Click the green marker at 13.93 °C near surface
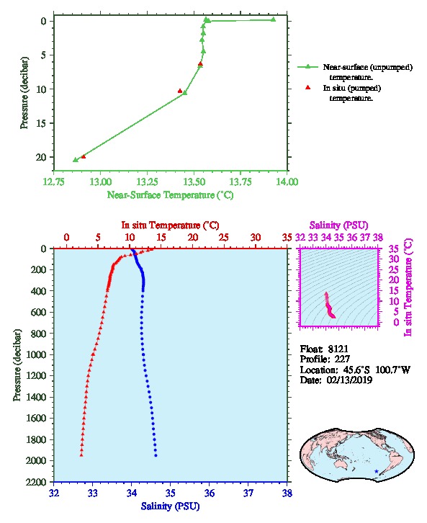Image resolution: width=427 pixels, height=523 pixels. click(274, 19)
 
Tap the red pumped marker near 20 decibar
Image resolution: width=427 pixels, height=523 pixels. click(84, 156)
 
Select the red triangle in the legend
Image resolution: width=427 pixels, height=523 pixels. click(308, 87)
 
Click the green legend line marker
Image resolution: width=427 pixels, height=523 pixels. click(307, 67)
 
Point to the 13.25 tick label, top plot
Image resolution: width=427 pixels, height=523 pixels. click(147, 182)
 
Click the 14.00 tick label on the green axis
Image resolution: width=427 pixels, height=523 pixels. click(287, 182)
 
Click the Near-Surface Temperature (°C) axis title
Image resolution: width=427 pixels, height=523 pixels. click(171, 195)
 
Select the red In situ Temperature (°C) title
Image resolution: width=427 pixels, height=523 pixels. click(171, 225)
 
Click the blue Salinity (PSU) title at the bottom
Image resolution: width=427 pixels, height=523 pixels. click(171, 506)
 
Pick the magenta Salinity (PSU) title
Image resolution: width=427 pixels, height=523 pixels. click(339, 225)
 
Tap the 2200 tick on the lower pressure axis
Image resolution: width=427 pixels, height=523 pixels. click(36, 482)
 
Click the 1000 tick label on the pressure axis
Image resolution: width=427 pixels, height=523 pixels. click(36, 354)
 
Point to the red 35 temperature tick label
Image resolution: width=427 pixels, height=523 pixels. click(287, 238)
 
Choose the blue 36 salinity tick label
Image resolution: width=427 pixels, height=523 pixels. click(210, 493)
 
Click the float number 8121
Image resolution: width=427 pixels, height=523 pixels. click(338, 349)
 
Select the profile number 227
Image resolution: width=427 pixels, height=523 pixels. click(342, 359)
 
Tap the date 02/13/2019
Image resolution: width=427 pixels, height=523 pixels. click(349, 380)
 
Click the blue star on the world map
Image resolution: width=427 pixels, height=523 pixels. click(377, 471)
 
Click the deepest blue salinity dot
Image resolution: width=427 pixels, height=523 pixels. click(156, 455)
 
